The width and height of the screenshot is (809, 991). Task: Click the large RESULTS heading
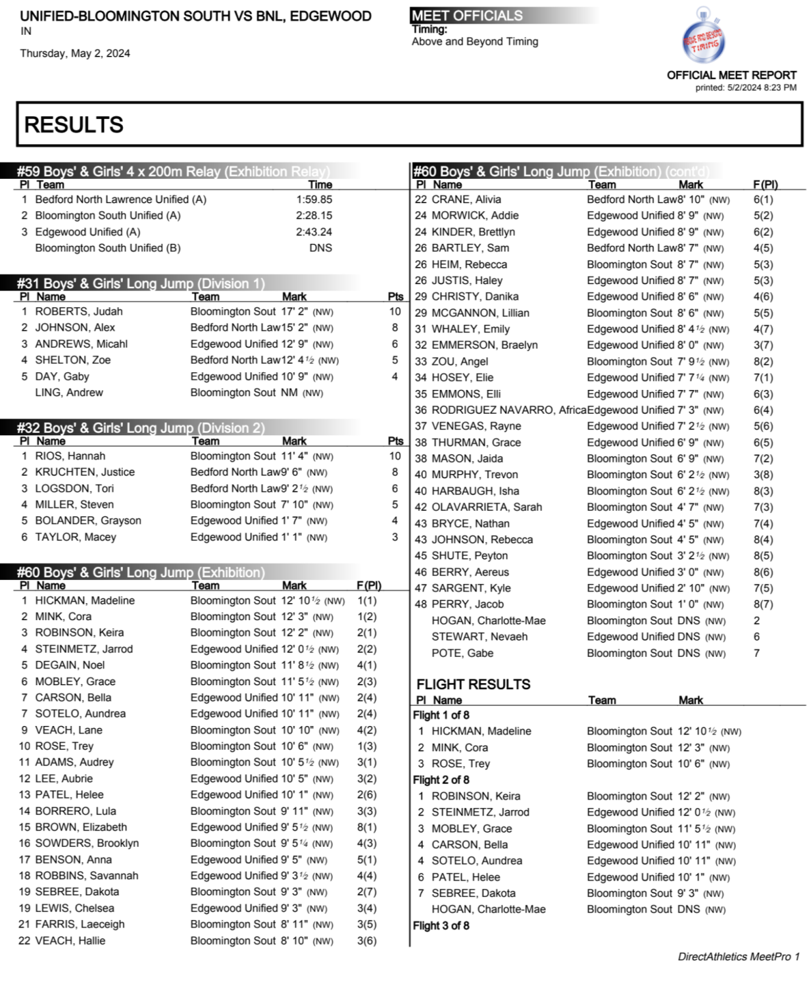pyautogui.click(x=74, y=124)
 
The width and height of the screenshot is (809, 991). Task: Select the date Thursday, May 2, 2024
pyautogui.click(x=75, y=53)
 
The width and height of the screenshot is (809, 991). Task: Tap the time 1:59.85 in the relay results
pyautogui.click(x=314, y=199)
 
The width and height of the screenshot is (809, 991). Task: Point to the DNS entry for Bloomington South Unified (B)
pyautogui.click(x=320, y=248)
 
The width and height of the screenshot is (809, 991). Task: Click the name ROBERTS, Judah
pyautogui.click(x=79, y=312)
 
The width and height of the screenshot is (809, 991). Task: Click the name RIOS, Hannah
pyautogui.click(x=70, y=456)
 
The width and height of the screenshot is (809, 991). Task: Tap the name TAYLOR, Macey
pyautogui.click(x=76, y=537)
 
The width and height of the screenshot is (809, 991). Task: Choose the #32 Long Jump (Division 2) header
pyautogui.click(x=141, y=428)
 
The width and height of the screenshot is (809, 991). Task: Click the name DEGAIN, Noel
pyautogui.click(x=70, y=665)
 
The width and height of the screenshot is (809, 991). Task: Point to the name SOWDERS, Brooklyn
pyautogui.click(x=87, y=843)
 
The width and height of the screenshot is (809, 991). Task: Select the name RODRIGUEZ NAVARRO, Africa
pyautogui.click(x=508, y=410)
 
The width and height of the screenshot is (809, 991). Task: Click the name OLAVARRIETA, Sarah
pyautogui.click(x=487, y=507)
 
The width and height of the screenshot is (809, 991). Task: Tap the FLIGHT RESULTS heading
pyautogui.click(x=473, y=684)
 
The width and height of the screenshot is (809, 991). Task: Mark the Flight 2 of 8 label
pyautogui.click(x=441, y=780)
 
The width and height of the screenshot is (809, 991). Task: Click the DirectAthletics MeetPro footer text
pyautogui.click(x=738, y=957)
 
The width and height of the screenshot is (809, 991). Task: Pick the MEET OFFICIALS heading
pyautogui.click(x=467, y=15)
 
